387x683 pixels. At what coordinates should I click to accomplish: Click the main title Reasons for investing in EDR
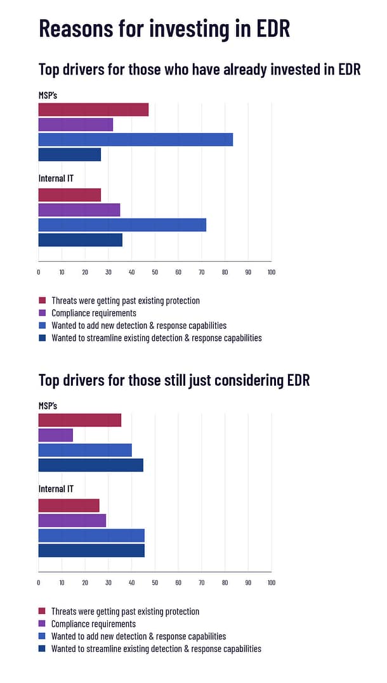(164, 29)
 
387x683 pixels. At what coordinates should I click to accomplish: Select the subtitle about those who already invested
(199, 70)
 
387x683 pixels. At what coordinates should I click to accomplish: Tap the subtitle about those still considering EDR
(174, 380)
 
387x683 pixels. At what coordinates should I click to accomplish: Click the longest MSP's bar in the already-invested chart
(135, 139)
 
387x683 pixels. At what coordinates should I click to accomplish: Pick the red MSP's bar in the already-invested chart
(93, 110)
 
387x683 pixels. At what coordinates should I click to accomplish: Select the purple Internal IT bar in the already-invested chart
(79, 210)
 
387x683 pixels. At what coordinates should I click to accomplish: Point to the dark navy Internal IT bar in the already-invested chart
(80, 239)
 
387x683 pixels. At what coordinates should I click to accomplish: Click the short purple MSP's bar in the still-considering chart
(55, 435)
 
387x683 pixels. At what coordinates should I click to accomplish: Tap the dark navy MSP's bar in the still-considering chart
(91, 465)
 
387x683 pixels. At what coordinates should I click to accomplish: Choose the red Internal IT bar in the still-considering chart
(69, 505)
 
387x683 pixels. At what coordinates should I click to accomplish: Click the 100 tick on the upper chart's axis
(271, 272)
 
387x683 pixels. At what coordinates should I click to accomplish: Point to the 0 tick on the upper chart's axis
(39, 272)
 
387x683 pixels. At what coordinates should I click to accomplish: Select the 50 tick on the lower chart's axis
(155, 582)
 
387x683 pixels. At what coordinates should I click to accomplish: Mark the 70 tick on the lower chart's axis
(201, 582)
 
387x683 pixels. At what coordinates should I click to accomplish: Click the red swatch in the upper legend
(43, 301)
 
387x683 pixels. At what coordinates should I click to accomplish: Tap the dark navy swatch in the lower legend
(43, 649)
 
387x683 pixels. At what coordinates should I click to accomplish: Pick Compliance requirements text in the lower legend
(93, 624)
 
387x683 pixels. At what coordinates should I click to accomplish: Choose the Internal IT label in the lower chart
(56, 489)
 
